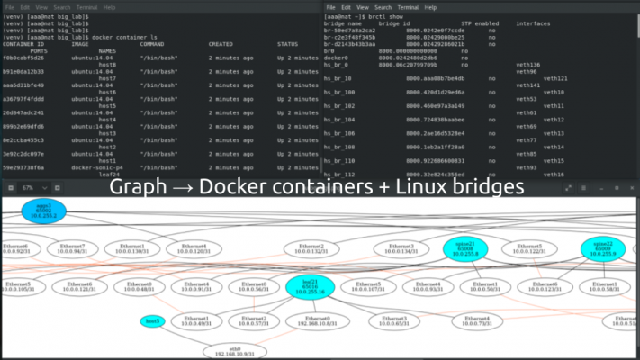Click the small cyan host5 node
coord(152,321)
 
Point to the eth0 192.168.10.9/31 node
coord(233,351)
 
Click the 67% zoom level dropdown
coord(30,187)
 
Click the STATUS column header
coord(288,44)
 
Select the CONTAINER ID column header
coord(25,44)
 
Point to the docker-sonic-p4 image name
coord(97,168)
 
